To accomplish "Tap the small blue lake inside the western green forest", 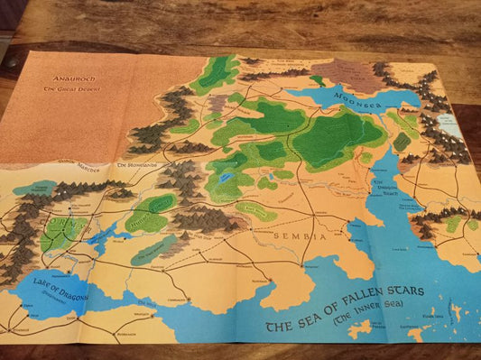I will point(222,178).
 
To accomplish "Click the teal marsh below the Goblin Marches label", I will point(32,187).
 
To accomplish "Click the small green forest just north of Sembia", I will point(256,211).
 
